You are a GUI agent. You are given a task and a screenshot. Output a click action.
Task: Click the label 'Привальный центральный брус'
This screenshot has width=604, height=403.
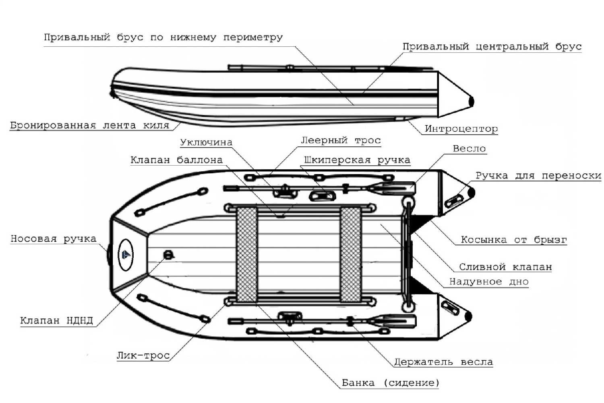click(492, 47)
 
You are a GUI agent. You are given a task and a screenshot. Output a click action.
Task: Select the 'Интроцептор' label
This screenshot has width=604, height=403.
click(461, 129)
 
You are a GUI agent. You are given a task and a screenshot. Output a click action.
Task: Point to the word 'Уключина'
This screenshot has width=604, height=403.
click(206, 142)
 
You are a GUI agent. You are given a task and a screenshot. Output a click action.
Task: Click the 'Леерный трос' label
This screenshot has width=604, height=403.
click(341, 140)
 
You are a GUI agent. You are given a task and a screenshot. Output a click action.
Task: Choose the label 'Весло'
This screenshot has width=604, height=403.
click(469, 149)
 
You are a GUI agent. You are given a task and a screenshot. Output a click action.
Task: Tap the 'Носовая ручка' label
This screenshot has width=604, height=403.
click(54, 239)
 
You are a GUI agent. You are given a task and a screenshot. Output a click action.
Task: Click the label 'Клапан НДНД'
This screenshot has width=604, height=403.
click(56, 321)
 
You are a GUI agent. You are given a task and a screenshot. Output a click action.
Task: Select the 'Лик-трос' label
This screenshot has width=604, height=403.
click(143, 355)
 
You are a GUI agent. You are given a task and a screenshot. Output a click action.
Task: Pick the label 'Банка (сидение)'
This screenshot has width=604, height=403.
click(390, 382)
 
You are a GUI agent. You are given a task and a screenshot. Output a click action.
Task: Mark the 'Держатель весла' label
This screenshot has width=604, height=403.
click(443, 362)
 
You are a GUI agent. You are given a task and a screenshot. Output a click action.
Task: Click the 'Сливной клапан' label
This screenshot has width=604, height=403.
click(505, 267)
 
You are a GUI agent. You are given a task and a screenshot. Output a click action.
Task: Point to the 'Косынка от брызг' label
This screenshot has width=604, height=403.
click(513, 240)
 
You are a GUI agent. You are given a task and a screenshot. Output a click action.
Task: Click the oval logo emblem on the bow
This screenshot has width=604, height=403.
click(126, 254)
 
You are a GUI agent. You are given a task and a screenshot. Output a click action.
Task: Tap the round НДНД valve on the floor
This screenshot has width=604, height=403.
click(168, 254)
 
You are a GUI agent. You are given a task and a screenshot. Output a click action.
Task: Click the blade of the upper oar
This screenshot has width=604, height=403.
click(393, 187)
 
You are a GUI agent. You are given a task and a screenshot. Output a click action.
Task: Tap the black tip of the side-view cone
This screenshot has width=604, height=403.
click(472, 101)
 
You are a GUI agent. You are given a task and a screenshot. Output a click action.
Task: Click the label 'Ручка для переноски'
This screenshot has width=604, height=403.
click(538, 176)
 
